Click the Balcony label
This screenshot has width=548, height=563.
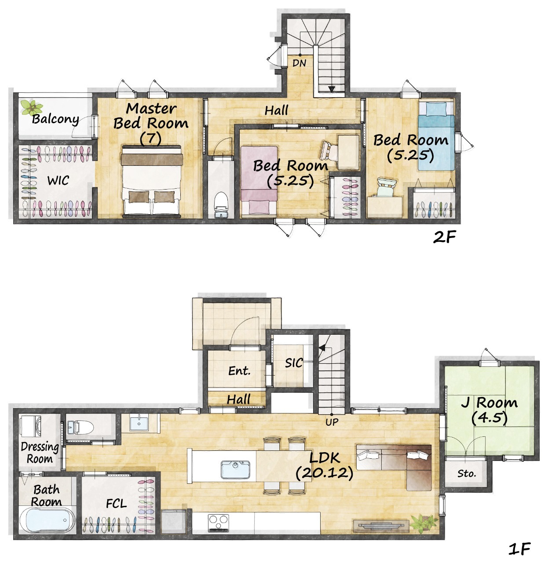55,119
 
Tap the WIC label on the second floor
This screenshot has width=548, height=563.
58,180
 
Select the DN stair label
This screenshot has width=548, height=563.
299,63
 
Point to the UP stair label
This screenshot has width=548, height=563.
332,422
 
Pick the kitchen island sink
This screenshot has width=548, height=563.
235,469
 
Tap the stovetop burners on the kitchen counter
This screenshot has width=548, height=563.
219,523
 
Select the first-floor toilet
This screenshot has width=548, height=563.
80,427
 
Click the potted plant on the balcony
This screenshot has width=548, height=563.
32,107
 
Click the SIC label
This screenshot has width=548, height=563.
294,363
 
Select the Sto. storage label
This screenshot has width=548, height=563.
467,474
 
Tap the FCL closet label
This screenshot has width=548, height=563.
116,504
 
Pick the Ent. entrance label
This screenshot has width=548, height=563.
239,371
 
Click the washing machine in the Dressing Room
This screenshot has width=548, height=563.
30,427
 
